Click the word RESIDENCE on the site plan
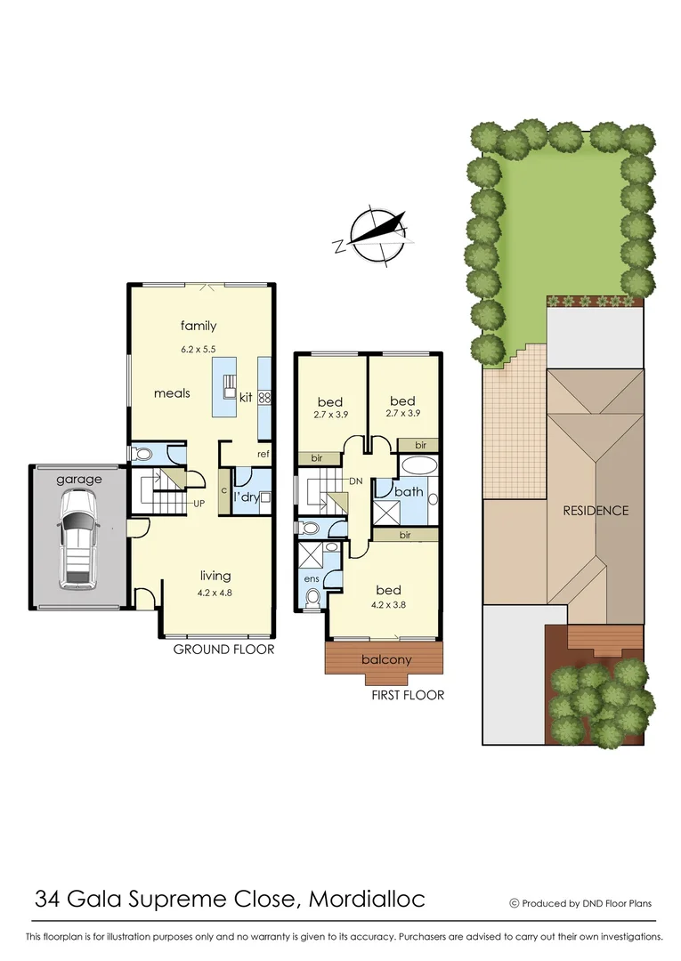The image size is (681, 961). coord(596,511)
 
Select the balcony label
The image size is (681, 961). coord(386,659)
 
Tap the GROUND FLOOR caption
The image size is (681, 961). coord(223,650)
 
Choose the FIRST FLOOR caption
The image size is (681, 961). coord(408,695)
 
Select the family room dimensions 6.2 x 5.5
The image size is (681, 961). coord(199,350)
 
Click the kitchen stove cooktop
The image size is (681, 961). coord(264,399)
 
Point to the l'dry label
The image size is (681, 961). coord(246,497)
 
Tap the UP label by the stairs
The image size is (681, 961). coord(200,503)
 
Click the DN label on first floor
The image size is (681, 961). coord(355,481)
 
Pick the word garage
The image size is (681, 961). coord(79,479)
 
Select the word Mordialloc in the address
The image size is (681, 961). coord(367,899)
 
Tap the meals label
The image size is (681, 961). coord(172,393)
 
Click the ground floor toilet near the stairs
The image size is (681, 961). coord(143,454)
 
